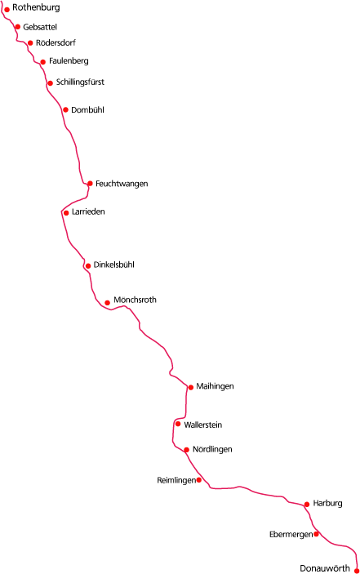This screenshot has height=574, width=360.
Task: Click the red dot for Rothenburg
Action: coord(7,10)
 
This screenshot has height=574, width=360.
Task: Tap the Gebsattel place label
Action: coord(40,27)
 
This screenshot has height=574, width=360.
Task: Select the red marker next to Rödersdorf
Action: coord(30,43)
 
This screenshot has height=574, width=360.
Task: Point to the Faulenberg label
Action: coord(69,60)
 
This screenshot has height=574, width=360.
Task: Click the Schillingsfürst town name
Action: coord(80,82)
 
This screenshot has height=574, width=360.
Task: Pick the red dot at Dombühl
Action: coord(65,110)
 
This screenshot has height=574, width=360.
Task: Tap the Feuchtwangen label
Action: coord(122,184)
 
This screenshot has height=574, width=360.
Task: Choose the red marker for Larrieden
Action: coord(66,213)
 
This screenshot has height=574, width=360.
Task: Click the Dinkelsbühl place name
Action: coord(113,265)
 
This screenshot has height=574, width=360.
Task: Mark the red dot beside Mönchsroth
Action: coord(107,303)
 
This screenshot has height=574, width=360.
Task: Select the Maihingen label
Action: coord(215,386)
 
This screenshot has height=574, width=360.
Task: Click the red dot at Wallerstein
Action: coord(178,424)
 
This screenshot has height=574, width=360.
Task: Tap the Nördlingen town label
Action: coord(212,449)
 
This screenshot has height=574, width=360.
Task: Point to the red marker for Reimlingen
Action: coord(199,480)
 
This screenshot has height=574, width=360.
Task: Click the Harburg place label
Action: coord(327,503)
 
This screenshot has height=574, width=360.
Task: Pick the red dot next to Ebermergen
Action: coord(316,534)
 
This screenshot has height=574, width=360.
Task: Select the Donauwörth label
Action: coord(325,568)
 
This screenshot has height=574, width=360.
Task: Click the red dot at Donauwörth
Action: coord(357,571)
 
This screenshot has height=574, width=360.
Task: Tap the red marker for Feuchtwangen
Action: coord(90,184)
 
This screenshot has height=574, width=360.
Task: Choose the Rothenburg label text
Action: coord(36,7)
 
